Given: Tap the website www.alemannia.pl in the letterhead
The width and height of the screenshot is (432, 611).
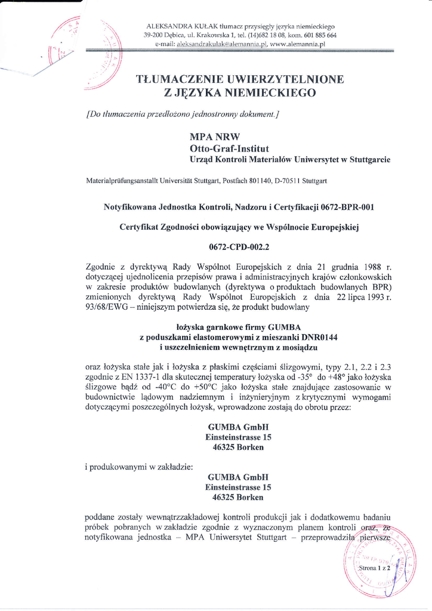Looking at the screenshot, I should [x=297, y=44].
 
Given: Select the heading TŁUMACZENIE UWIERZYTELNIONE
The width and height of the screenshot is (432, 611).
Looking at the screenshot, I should [x=240, y=79].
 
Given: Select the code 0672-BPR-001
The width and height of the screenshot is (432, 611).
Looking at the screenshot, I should [x=347, y=207].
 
